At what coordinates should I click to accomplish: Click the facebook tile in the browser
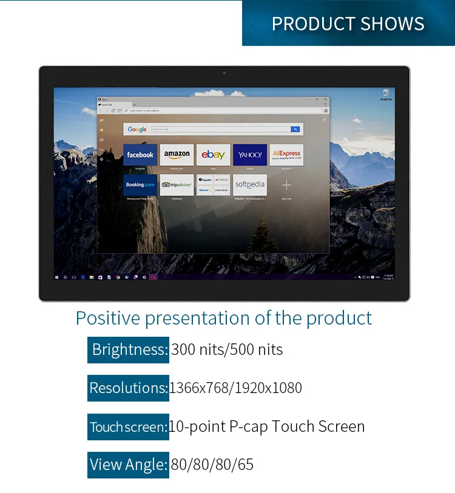(x=140, y=154)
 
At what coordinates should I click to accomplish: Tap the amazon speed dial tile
(x=177, y=154)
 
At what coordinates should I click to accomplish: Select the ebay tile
(x=214, y=154)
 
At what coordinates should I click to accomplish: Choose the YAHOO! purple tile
(x=250, y=154)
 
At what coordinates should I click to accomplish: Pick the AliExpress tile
(x=286, y=154)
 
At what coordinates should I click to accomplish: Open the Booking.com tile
(x=140, y=185)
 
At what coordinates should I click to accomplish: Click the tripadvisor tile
(x=177, y=185)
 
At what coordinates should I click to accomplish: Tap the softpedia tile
(x=250, y=185)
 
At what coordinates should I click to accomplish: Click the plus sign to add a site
(x=286, y=185)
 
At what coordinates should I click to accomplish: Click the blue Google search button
(x=295, y=129)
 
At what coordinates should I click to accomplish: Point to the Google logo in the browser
(x=137, y=129)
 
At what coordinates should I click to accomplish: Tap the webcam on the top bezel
(x=224, y=73)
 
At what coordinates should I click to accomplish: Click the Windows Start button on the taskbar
(x=57, y=277)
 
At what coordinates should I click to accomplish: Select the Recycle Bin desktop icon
(x=386, y=94)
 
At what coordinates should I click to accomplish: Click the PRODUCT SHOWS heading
(x=348, y=24)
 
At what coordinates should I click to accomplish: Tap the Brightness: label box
(x=128, y=350)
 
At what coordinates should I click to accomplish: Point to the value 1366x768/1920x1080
(x=235, y=388)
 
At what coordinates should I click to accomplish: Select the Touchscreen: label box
(x=128, y=427)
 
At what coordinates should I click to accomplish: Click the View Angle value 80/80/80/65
(x=212, y=465)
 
